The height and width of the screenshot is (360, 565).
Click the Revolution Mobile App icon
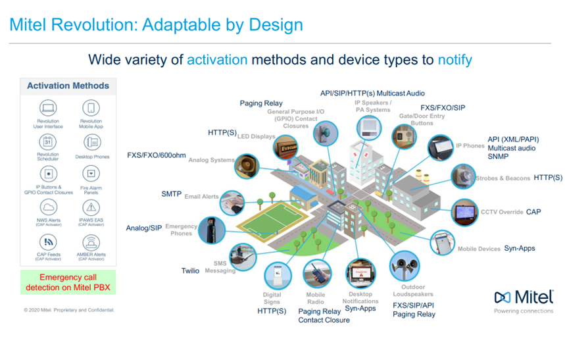coord(91,108)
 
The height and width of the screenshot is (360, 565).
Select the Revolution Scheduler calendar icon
coord(48,141)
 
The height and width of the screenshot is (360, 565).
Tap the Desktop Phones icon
coord(91,141)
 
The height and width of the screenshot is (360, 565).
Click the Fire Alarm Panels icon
coord(91,174)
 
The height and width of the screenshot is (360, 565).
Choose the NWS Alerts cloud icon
coord(48,208)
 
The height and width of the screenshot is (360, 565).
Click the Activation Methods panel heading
coord(68,86)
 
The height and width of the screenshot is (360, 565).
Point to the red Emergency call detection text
coord(68,282)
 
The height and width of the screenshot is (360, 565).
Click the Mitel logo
coord(524,298)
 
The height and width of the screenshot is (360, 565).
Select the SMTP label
coord(171,194)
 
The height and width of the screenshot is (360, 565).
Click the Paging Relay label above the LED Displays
coord(260,103)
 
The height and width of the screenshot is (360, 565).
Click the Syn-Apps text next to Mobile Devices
coord(520,249)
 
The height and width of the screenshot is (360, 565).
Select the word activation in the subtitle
coord(217,60)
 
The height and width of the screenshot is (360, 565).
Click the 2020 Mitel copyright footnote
coord(69,309)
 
